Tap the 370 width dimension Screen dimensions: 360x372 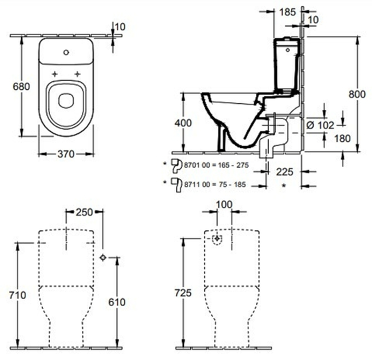pos(66,154)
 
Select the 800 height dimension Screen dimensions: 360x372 pos(357,93)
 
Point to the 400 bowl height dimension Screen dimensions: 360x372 pos(183,123)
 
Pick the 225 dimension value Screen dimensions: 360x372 pos(285,172)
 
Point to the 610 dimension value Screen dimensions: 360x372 pos(117,302)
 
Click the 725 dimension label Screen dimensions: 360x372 pos(183,293)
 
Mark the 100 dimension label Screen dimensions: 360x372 pos(224,204)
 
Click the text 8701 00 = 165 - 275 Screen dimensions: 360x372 pos(216,165)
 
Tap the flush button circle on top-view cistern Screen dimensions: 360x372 pos(66,52)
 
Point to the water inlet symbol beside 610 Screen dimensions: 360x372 pos(103,257)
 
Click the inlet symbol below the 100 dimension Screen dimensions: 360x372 pos(217,239)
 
